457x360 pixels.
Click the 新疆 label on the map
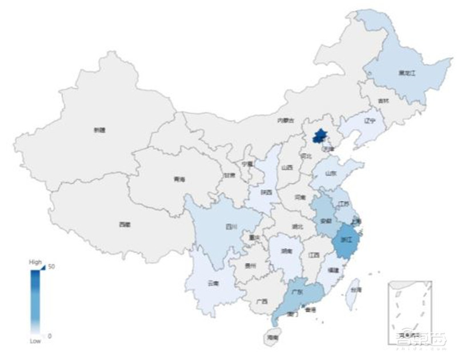pyautogui.click(x=99, y=130)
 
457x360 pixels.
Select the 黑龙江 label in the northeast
pyautogui.click(x=406, y=73)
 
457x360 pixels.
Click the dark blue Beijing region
pyautogui.click(x=320, y=137)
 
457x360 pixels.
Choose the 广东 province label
pyautogui.click(x=296, y=291)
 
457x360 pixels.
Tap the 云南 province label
pyautogui.click(x=213, y=283)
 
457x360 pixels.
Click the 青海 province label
pyautogui.click(x=179, y=179)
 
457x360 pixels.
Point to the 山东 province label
pyautogui.click(x=331, y=173)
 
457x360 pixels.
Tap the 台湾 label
pyautogui.click(x=356, y=290)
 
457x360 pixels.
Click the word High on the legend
pyautogui.click(x=35, y=262)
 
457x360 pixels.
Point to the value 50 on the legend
pyautogui.click(x=51, y=266)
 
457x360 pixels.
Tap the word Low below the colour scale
pyautogui.click(x=35, y=341)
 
